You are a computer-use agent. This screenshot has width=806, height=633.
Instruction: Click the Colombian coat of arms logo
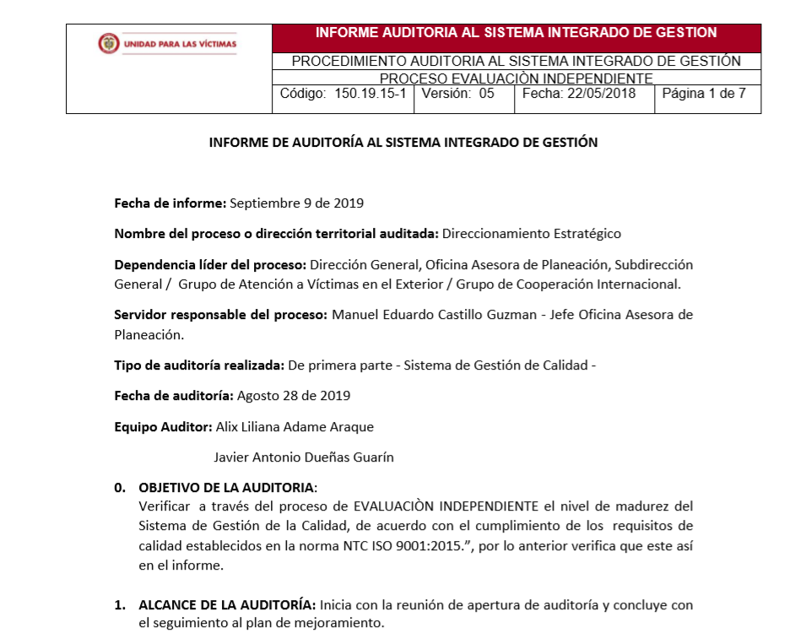(x=109, y=44)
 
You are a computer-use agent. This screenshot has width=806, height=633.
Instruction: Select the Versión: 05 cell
(x=457, y=94)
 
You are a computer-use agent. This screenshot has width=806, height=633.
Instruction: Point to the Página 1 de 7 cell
(x=704, y=94)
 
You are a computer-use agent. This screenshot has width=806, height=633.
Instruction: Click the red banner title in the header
(x=516, y=34)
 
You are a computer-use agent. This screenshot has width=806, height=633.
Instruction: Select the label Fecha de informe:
(x=170, y=203)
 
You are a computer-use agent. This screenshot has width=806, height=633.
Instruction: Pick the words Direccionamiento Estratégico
(x=531, y=234)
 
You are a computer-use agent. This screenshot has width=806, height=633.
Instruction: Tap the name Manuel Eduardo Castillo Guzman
(x=437, y=315)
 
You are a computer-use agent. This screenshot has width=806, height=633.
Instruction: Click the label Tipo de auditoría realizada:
(x=199, y=365)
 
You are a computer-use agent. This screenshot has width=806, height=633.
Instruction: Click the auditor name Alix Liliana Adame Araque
(x=295, y=427)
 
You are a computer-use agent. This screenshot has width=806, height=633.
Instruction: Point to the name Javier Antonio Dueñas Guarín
(x=304, y=457)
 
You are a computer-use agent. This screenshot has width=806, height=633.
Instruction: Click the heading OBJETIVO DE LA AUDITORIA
(x=227, y=488)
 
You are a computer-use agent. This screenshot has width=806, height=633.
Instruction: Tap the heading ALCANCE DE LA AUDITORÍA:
(x=227, y=605)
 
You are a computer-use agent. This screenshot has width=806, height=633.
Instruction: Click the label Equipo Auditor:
(x=163, y=427)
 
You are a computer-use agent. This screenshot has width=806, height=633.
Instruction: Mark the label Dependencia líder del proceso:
(x=210, y=265)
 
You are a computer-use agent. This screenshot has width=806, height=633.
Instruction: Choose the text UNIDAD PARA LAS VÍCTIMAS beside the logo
(x=180, y=44)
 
